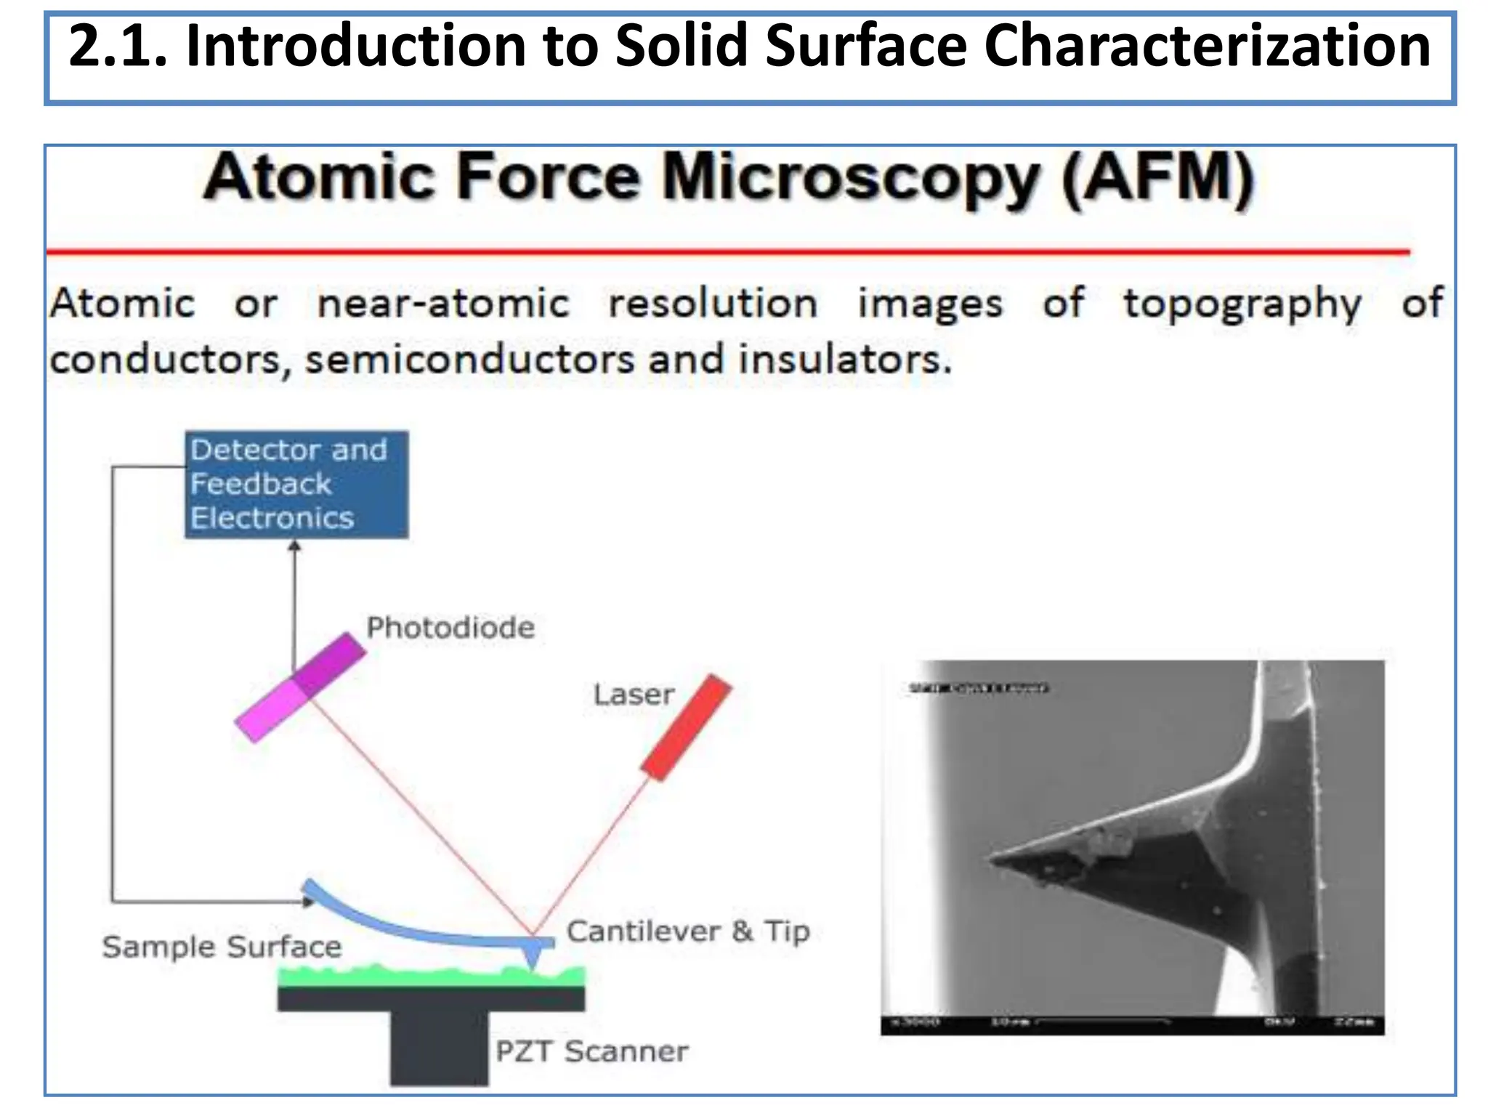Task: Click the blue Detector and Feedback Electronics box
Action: (x=296, y=485)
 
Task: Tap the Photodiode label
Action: (x=450, y=628)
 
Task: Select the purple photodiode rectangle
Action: (x=300, y=687)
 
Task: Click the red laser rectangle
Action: (x=686, y=728)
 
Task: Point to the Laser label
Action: (x=634, y=695)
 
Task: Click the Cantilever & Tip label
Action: (x=688, y=931)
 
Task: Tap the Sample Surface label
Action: (x=222, y=947)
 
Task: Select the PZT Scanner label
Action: (x=591, y=1051)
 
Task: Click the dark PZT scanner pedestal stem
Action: (x=439, y=1046)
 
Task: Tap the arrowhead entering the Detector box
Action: (x=294, y=546)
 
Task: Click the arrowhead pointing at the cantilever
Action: (x=309, y=902)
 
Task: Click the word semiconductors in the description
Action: (x=470, y=360)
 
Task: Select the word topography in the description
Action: (x=1242, y=304)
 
